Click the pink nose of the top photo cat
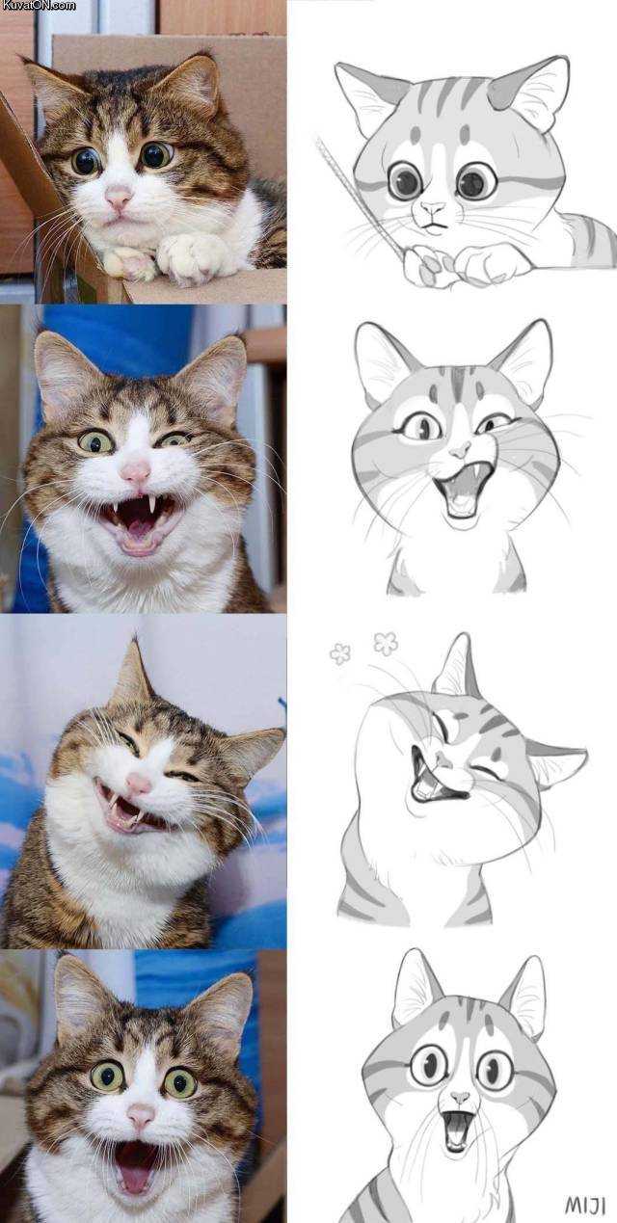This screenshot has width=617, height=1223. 119,198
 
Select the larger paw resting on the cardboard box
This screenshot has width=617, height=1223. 194,254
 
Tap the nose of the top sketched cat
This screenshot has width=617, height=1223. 433,207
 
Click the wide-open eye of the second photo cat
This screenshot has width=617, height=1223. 95,440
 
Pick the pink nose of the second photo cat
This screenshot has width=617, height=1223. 135,472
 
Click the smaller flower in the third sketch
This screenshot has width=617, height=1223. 340,654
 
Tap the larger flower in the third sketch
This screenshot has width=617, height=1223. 386,643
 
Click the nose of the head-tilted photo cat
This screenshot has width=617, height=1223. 139,784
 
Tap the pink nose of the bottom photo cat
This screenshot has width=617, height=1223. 141,1116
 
